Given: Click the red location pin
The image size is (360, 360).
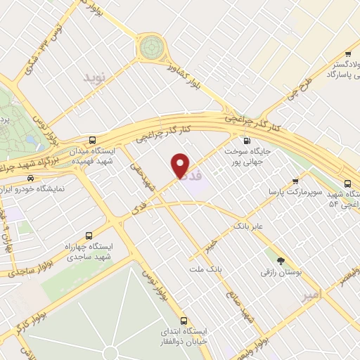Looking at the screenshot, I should point(181,165).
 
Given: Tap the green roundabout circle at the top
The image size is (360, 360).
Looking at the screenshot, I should point(150,48).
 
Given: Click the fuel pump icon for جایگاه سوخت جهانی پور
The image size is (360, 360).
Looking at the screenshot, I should point(245,140).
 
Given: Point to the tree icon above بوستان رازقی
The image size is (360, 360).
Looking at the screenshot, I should point(281,261).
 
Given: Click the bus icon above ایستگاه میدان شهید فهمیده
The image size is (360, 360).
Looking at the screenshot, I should point(94,140).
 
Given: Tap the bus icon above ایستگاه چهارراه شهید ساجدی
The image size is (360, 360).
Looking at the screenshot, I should point(89,236).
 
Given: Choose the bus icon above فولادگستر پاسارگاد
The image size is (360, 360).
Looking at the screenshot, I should point(347,53).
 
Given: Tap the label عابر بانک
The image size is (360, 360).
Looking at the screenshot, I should point(249,226).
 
